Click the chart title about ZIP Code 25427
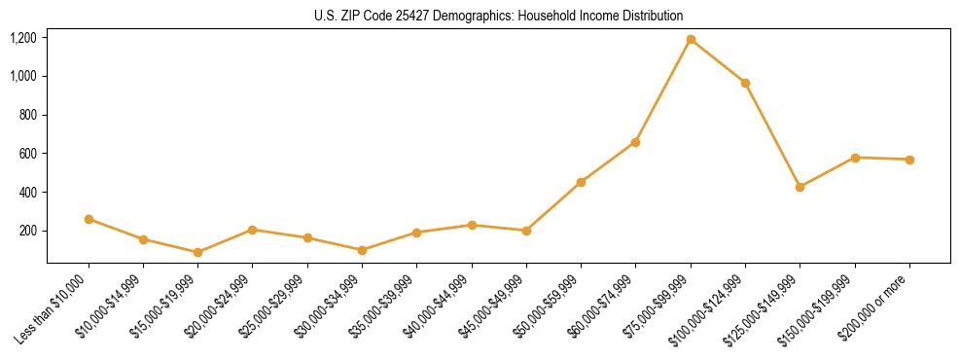tap(499, 16)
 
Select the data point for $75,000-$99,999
tap(691, 40)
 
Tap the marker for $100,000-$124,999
tap(745, 83)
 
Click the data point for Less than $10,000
tap(89, 219)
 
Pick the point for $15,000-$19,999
tap(198, 252)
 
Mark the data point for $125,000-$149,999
tap(800, 187)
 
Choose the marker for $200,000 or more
tap(909, 160)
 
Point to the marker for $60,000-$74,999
tap(635, 142)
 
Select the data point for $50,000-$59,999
tap(581, 182)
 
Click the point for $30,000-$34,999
tap(362, 250)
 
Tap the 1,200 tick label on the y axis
tap(22, 38)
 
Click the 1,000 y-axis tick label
tap(22, 76)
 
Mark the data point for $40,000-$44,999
tap(472, 225)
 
